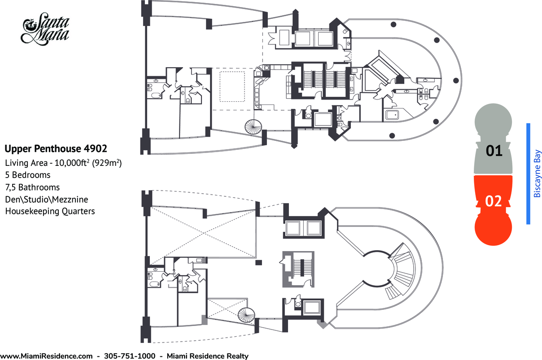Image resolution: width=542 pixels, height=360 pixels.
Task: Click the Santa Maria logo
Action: tap(45, 29)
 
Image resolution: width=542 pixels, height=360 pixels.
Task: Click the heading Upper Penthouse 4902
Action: tap(56, 148)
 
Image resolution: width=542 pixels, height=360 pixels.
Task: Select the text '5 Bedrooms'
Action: tap(28, 175)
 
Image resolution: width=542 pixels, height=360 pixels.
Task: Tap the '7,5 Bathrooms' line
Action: tap(32, 187)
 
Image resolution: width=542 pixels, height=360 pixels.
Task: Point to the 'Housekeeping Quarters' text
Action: tap(50, 211)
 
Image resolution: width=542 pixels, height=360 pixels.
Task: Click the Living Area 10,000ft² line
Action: tap(63, 163)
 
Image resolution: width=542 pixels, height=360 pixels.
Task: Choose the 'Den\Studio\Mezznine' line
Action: tap(47, 199)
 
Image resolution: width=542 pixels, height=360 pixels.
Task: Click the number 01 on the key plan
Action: tap(494, 151)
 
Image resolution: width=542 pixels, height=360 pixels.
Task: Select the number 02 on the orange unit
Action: tap(494, 201)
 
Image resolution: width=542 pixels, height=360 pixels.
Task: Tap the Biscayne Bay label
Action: tap(537, 173)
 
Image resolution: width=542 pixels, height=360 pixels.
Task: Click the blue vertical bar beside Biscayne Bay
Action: tap(528, 173)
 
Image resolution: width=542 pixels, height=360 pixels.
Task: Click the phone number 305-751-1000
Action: tap(130, 356)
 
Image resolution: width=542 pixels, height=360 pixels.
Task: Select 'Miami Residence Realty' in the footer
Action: tap(208, 356)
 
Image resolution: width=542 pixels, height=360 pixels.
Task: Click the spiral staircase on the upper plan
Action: tap(254, 127)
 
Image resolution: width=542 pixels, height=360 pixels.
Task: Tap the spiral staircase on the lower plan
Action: tap(246, 315)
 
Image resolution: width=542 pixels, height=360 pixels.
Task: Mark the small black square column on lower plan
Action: tap(258, 262)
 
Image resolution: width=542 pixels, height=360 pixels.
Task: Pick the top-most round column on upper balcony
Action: tap(393, 24)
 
